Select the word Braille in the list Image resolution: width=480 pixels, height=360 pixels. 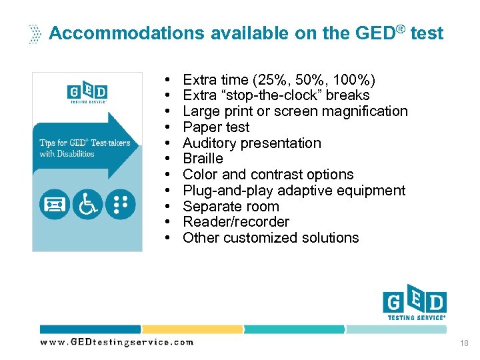tap(203, 159)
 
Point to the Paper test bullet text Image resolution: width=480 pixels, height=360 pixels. tap(216, 127)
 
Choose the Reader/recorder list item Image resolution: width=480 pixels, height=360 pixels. tap(236, 222)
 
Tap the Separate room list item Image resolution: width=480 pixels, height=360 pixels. tap(231, 206)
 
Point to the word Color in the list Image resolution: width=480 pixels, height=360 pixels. tap(200, 175)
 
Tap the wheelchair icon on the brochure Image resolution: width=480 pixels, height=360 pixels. tap(87, 204)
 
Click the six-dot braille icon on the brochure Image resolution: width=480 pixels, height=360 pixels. tap(120, 204)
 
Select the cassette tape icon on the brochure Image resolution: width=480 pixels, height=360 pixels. tap(55, 204)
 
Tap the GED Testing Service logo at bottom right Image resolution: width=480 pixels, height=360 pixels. tap(414, 304)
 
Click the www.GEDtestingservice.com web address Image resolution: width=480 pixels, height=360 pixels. tap(117, 342)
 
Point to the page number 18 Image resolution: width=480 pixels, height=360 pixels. tap(465, 343)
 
